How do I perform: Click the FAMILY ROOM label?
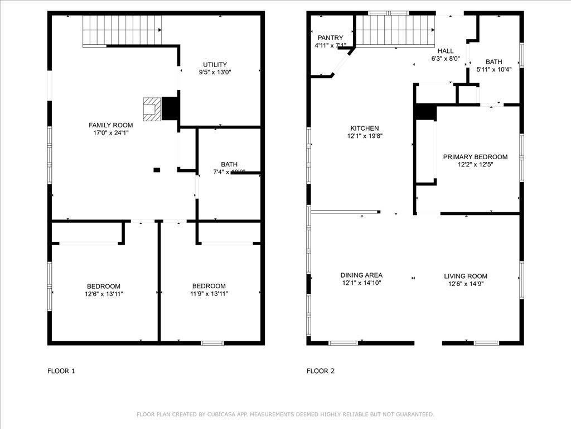[x=111, y=125]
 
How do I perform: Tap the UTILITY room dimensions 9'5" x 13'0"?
[x=215, y=72]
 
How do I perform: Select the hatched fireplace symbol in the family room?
[x=151, y=109]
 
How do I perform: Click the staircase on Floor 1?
[x=122, y=30]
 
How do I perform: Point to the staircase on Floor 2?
[x=395, y=31]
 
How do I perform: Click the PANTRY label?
[x=330, y=37]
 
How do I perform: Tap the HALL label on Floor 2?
[x=445, y=50]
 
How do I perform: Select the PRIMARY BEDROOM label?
[x=475, y=157]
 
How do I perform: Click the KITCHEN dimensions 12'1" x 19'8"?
[x=364, y=136]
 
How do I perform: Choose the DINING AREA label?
[x=361, y=275]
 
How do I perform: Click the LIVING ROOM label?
[x=466, y=276]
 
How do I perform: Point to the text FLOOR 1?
[x=61, y=370]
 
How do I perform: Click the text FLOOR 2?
[x=321, y=370]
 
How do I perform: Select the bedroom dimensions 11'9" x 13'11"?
[x=209, y=293]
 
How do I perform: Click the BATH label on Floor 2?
[x=493, y=62]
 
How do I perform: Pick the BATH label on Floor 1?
[x=229, y=164]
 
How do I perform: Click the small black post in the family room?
[x=157, y=169]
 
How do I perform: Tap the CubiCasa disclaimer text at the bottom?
[x=285, y=414]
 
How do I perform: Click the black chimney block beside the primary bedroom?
[x=425, y=112]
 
